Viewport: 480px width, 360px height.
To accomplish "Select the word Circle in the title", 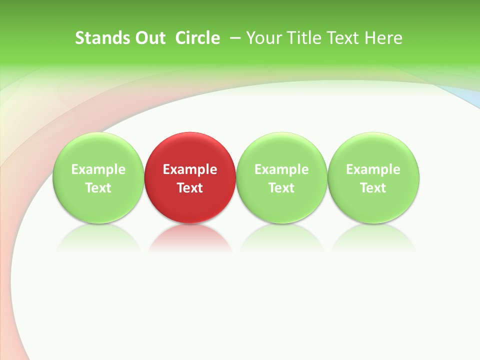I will click(197, 38).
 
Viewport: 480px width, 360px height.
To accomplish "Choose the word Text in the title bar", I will click(341, 38).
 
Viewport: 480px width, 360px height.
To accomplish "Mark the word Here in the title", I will click(383, 38).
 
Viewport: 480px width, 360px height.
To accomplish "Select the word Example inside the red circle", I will click(190, 169).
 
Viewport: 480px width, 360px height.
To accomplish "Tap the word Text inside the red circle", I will click(190, 188).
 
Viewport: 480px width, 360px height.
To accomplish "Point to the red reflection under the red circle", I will click(190, 240).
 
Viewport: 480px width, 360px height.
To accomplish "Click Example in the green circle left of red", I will click(98, 169).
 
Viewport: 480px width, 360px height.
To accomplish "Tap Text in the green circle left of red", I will click(98, 188).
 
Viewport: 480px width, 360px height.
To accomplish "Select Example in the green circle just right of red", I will click(281, 169).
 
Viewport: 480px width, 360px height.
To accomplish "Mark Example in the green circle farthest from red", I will click(373, 169).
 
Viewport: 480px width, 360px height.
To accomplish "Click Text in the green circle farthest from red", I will click(373, 188).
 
